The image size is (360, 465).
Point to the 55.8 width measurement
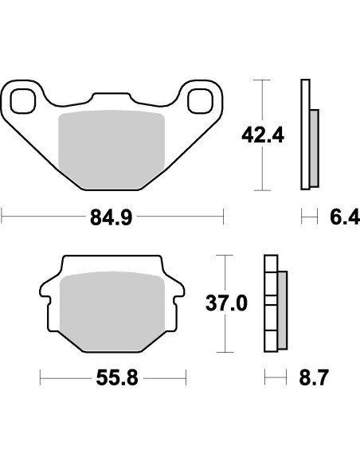click(x=116, y=378)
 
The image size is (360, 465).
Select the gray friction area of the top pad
click(x=112, y=149)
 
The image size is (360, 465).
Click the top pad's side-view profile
click(x=306, y=135)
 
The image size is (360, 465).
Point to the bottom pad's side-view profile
click(x=271, y=303)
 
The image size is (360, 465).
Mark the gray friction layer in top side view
click(x=315, y=144)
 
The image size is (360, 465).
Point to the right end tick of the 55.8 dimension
click(x=186, y=378)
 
